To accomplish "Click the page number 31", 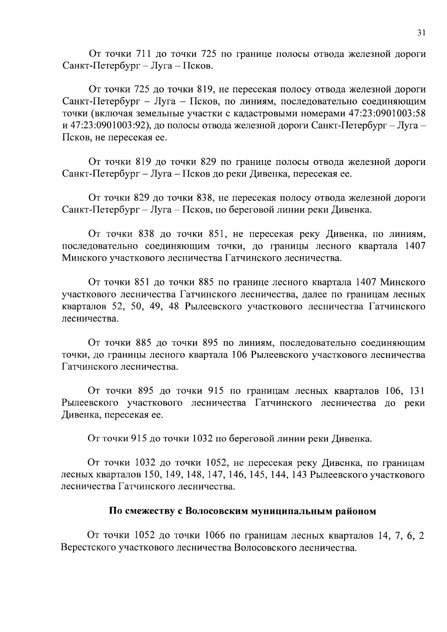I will pyautogui.click(x=421, y=33).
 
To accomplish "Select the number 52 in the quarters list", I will pyautogui.click(x=117, y=307).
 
